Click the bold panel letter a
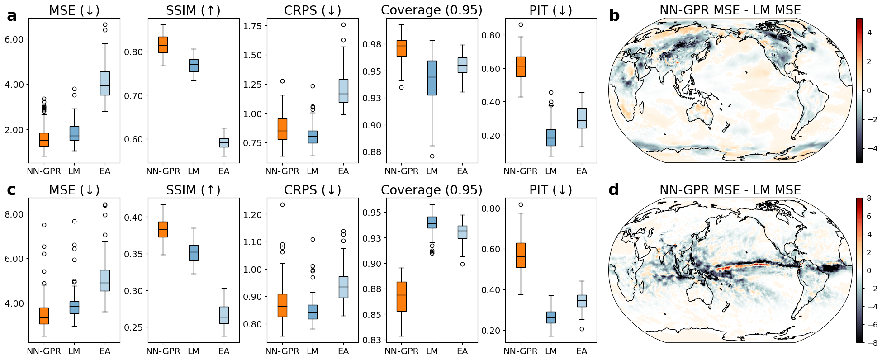(12, 16)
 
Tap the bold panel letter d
(614, 190)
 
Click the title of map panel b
(730, 10)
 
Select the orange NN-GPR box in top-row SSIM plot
(163, 45)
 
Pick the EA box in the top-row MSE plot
(105, 83)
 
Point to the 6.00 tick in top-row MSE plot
(14, 39)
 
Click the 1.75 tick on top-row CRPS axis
(252, 26)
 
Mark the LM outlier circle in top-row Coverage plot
(432, 156)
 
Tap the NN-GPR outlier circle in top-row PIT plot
(521, 25)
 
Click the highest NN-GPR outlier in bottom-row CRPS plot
(282, 204)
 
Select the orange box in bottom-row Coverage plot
(401, 296)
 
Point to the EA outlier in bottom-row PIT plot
(582, 329)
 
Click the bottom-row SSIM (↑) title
(193, 190)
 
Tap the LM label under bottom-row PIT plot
(551, 351)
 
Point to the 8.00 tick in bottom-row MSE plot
(14, 214)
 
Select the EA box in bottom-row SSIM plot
(224, 315)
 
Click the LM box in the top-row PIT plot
(551, 137)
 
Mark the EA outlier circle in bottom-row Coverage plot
(462, 264)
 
